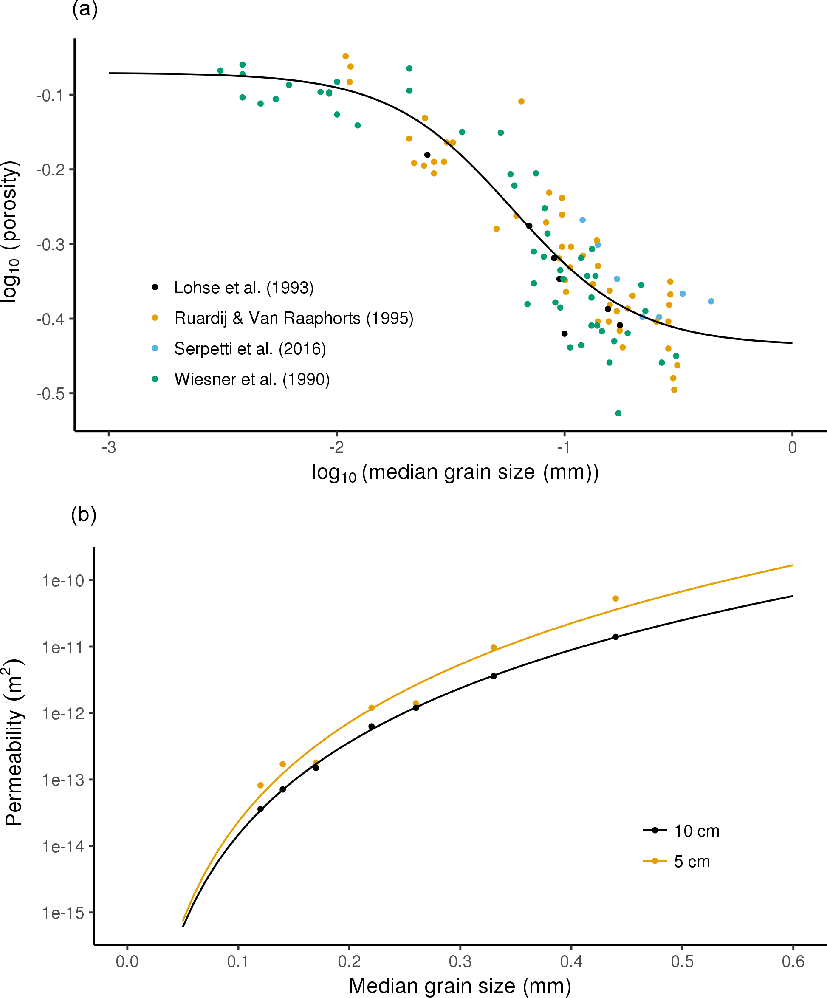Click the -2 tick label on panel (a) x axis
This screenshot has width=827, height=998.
pyautogui.click(x=336, y=448)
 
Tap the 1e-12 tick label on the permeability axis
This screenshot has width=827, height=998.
pyautogui.click(x=63, y=714)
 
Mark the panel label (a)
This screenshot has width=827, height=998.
pyautogui.click(x=85, y=9)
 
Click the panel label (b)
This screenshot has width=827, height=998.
pyautogui.click(x=84, y=514)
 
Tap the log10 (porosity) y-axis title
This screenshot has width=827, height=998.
pyautogui.click(x=11, y=232)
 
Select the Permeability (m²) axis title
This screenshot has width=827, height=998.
pyautogui.click(x=13, y=742)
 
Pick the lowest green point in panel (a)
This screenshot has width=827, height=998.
pyautogui.click(x=618, y=413)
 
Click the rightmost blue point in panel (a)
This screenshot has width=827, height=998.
pyautogui.click(x=711, y=301)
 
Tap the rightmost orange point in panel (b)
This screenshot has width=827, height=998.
pyautogui.click(x=615, y=598)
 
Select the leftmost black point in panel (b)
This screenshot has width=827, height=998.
pyautogui.click(x=260, y=809)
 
